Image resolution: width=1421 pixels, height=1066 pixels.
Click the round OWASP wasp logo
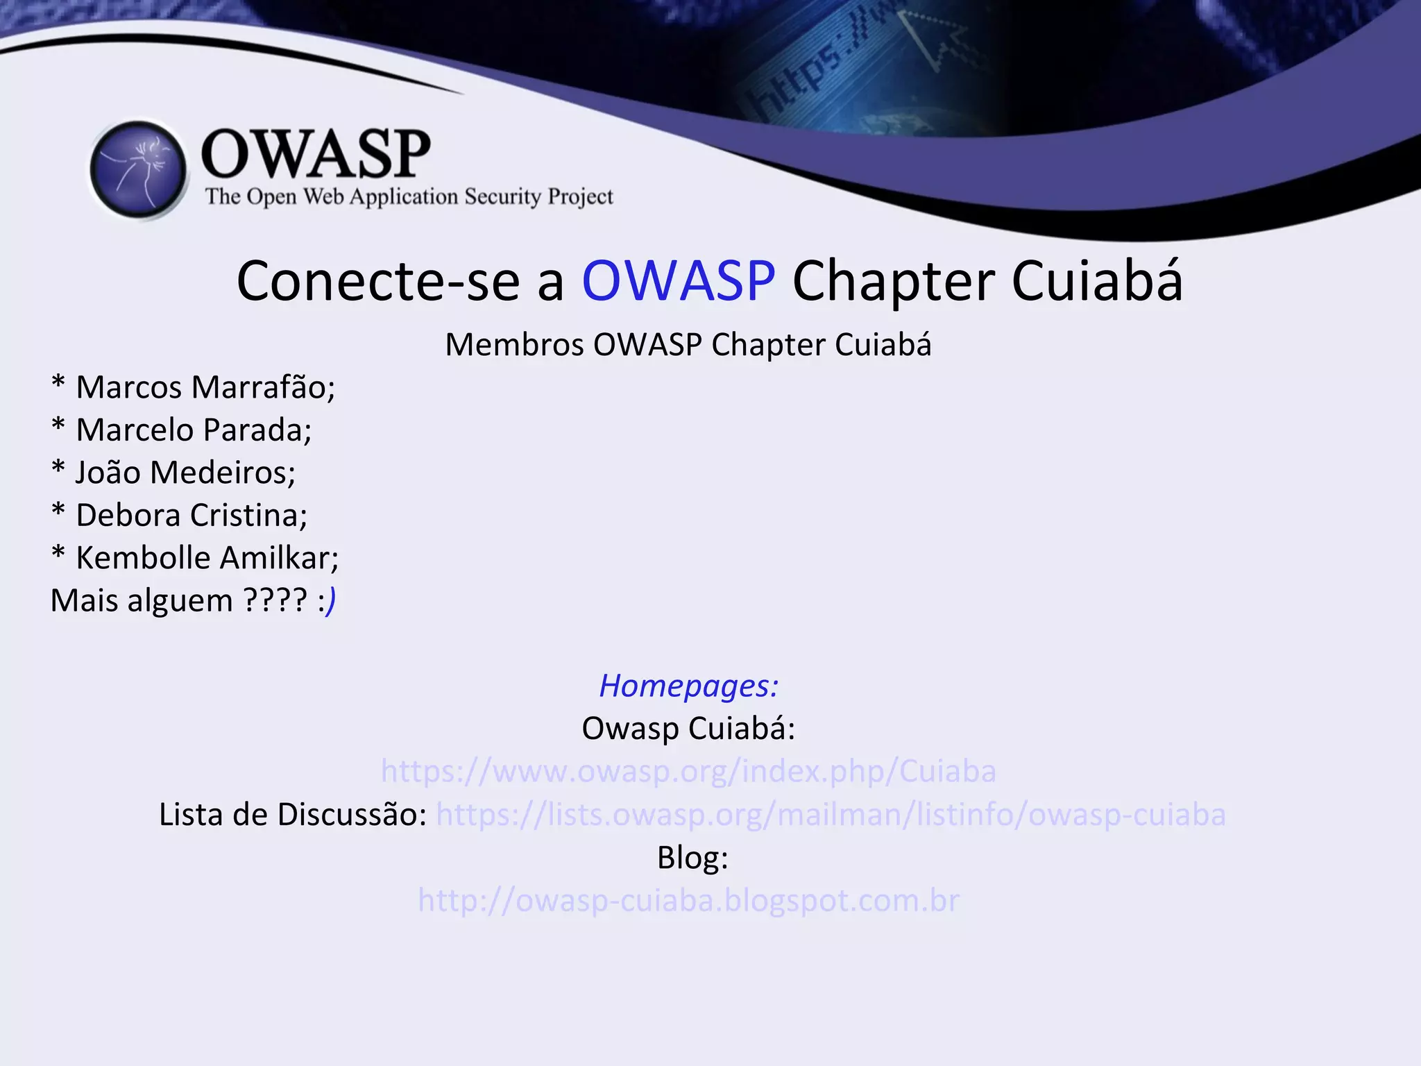pos(139,170)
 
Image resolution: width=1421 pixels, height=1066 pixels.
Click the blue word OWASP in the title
pos(678,281)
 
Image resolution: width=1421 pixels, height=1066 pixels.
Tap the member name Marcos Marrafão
pos(205,387)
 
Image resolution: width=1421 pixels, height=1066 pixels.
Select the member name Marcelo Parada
pos(193,430)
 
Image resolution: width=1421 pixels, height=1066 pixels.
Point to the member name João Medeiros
pos(185,473)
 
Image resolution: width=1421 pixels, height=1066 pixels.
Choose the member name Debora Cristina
pos(191,516)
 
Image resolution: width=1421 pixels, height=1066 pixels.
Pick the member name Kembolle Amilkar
pos(207,558)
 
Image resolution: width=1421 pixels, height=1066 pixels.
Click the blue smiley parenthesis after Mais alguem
pos(332,601)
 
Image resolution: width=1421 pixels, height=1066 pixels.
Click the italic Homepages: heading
pos(688,686)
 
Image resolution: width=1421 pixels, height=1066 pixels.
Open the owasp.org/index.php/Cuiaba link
pos(688,771)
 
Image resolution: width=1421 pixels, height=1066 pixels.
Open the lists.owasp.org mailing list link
pos(831,815)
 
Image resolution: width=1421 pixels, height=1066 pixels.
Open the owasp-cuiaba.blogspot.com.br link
pos(688,901)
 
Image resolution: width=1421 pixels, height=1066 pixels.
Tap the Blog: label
pos(692,858)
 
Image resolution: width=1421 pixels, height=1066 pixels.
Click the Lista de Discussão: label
pos(292,815)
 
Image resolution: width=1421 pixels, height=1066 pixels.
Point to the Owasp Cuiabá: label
pos(688,729)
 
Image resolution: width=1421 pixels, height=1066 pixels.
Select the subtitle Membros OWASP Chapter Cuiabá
pos(688,345)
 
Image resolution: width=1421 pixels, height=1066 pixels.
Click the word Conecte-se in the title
pos(377,281)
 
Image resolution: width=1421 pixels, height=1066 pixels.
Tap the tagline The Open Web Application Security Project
pos(409,197)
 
